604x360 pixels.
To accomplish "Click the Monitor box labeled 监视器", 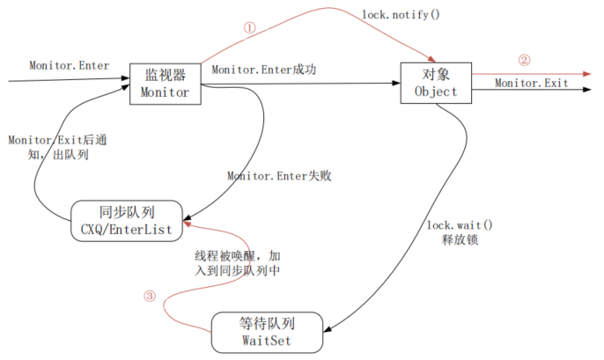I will pyautogui.click(x=165, y=84).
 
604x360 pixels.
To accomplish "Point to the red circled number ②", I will pyautogui.click(x=524, y=62).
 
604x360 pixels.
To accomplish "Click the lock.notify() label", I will pyautogui.click(x=401, y=16).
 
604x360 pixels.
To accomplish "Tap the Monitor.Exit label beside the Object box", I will pyautogui.click(x=531, y=83).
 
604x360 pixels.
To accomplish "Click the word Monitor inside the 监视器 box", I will pyautogui.click(x=165, y=92).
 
